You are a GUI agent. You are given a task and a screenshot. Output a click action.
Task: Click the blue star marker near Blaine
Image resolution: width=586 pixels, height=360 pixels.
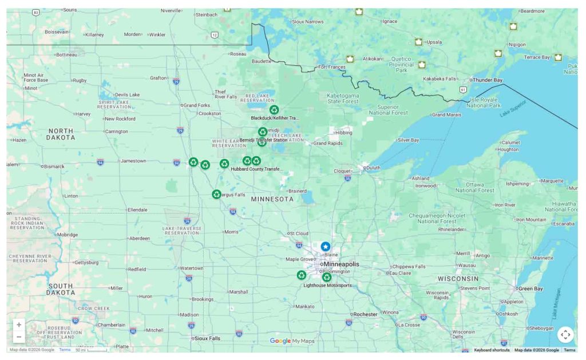[325, 246]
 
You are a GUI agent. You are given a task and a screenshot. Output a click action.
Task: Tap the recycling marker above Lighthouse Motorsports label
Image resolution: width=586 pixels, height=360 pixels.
[327, 277]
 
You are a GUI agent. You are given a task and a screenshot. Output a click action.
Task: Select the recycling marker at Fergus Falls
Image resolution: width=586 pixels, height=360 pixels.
[216, 194]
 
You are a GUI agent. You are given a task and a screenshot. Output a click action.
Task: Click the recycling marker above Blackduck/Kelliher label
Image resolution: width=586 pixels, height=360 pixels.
[274, 109]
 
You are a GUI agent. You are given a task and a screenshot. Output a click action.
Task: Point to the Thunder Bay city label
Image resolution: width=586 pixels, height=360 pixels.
[486, 80]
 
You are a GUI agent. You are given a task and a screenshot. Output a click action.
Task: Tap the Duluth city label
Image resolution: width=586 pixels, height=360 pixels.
[373, 168]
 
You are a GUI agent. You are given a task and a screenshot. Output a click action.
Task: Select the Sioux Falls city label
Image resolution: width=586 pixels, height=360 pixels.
[207, 338]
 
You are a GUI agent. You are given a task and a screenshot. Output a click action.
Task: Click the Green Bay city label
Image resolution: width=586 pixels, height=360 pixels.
[530, 289]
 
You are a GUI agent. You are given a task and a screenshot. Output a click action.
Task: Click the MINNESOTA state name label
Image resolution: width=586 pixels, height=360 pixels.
[272, 199]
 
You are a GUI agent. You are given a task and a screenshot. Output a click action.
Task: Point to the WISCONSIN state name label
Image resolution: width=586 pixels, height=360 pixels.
[458, 279]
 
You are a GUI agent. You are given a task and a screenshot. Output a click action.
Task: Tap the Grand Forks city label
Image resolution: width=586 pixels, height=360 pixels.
[197, 105]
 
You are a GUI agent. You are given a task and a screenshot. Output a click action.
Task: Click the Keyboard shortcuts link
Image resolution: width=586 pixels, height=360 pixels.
[492, 350]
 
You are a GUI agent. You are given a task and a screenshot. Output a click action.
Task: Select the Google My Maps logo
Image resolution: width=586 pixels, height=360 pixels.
[292, 341]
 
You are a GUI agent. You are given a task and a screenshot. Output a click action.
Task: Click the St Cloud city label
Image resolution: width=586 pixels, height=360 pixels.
[299, 234]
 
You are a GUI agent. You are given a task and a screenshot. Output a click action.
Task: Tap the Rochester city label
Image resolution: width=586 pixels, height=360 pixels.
[365, 314]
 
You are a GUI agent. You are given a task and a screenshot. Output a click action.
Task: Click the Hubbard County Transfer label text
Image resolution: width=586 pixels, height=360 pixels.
[256, 169]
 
